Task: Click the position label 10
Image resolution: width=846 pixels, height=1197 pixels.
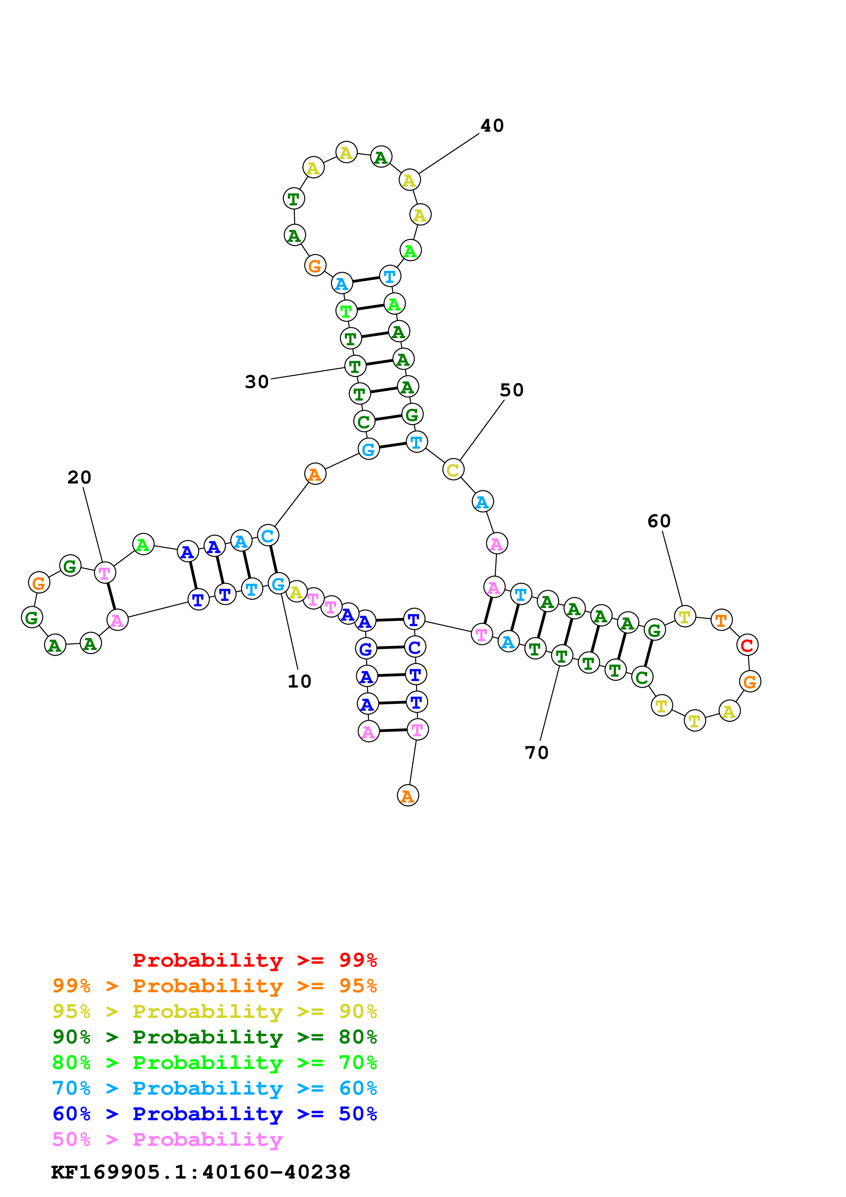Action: pos(299,681)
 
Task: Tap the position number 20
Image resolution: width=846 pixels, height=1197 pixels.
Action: pos(79,478)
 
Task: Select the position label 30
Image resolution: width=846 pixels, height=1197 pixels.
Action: pos(256,382)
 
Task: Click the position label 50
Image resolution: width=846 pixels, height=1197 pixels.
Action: pos(511,390)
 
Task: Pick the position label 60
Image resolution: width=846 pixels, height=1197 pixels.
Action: pos(659,521)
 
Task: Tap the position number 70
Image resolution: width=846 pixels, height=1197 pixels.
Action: pos(536,753)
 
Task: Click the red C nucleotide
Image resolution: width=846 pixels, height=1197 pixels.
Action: pos(747,646)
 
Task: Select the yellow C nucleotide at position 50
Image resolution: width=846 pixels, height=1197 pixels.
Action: pos(453,470)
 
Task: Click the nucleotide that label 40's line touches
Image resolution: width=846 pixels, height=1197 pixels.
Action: pos(410,181)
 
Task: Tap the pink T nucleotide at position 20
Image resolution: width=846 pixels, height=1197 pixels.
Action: pos(105,573)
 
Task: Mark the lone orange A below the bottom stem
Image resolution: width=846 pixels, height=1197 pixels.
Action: pos(407,796)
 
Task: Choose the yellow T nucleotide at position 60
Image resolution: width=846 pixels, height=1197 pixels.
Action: pos(685,617)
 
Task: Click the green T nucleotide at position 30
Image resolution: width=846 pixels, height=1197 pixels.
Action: pos(355,366)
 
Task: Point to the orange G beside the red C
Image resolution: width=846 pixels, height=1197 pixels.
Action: pos(749,681)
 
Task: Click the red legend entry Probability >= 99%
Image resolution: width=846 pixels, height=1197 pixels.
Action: pos(254,960)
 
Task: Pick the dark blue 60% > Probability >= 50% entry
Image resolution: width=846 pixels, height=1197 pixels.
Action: pos(214,1114)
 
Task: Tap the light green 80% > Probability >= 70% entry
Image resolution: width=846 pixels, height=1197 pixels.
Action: pos(214,1063)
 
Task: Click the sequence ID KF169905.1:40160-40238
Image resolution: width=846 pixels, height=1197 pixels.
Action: pos(201,1172)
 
